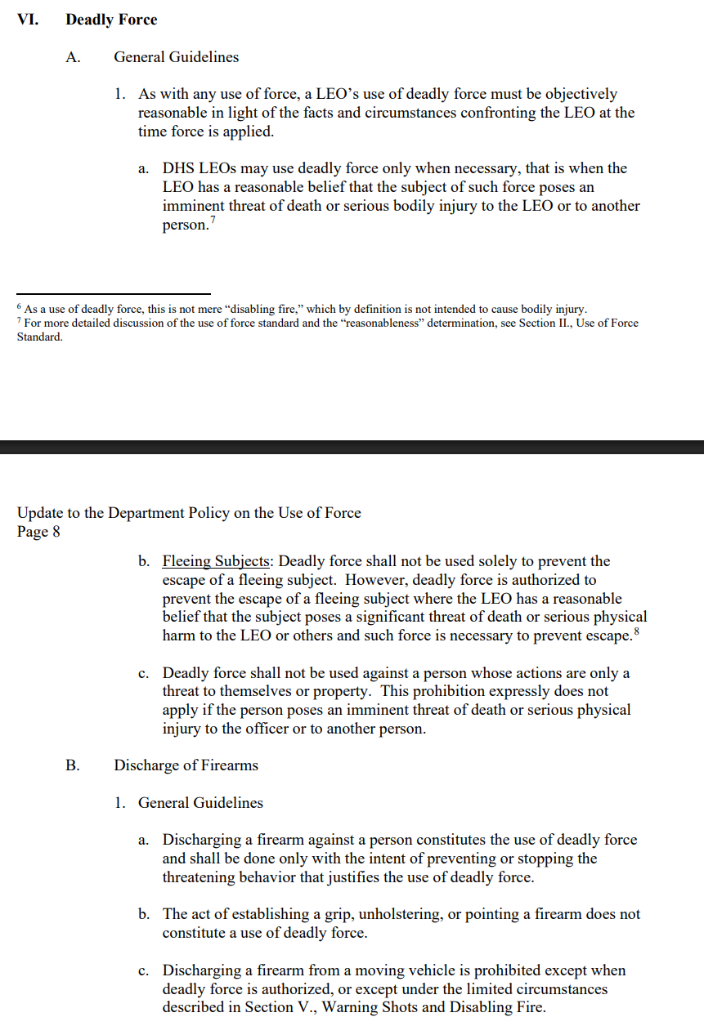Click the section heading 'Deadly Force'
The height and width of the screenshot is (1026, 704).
click(111, 20)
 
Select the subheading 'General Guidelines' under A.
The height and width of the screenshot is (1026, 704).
click(177, 57)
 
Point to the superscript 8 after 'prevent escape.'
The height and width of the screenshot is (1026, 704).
click(634, 631)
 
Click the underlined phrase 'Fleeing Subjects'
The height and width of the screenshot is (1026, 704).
click(216, 561)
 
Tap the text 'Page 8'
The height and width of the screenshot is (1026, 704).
click(38, 532)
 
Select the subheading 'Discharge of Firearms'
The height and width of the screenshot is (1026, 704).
click(186, 765)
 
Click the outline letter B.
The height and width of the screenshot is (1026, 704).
click(72, 765)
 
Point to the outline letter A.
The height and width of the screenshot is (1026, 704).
click(72, 57)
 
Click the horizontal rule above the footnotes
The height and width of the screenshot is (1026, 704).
click(114, 294)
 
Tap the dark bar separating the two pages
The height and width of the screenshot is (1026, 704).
click(352, 447)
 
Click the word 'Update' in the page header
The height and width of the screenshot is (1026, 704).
click(40, 513)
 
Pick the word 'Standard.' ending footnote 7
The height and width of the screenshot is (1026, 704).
click(39, 337)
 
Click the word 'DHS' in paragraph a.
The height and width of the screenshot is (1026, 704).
click(178, 168)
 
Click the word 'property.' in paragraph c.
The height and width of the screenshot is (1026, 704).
click(341, 692)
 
